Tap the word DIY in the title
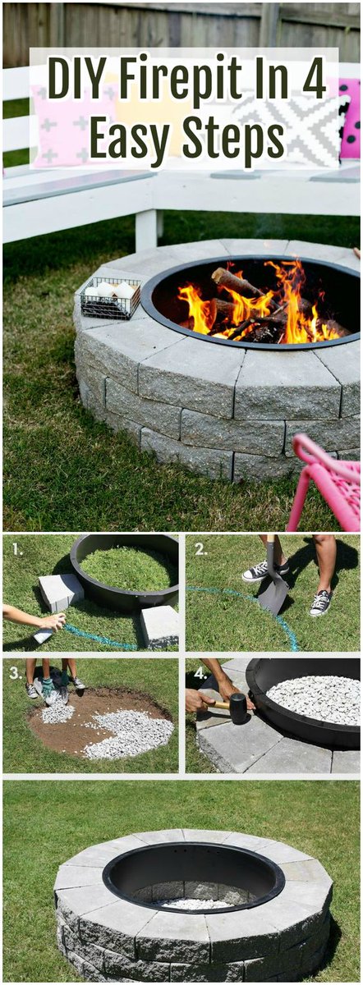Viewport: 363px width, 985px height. point(79,81)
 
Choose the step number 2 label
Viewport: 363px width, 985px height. point(201,548)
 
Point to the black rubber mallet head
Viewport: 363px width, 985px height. point(238,708)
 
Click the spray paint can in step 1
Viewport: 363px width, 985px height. point(43,635)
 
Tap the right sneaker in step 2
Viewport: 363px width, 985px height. point(320,603)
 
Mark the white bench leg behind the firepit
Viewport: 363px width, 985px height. point(147,231)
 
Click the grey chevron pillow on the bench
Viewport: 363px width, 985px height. point(287,123)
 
